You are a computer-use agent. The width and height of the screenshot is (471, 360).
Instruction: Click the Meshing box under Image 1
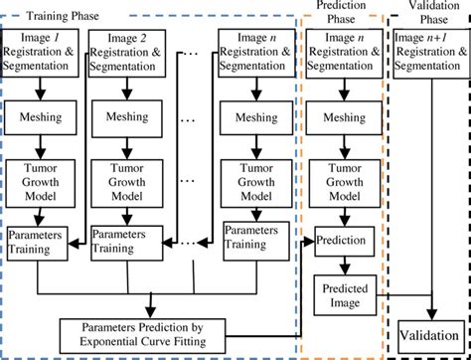coord(41,117)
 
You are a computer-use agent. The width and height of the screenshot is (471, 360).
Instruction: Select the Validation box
coord(430,333)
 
